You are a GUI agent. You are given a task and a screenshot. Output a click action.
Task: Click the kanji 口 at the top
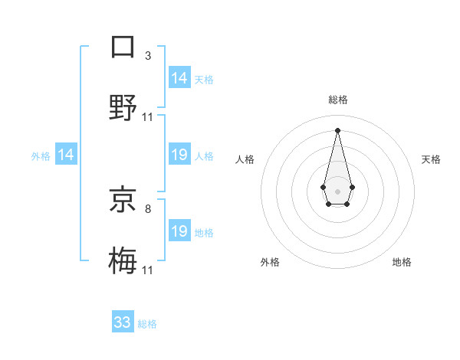[x=123, y=46]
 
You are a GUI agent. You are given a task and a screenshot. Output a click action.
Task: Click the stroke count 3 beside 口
[x=148, y=55]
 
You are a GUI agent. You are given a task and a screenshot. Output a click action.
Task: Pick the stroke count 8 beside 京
[x=148, y=208]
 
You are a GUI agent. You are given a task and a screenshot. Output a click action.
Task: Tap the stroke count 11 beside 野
[x=148, y=117]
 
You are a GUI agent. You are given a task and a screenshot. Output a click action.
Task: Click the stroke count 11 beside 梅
[x=148, y=270]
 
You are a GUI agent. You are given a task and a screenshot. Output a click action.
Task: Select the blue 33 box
[x=123, y=322]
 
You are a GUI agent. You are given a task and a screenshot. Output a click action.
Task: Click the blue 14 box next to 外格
[x=66, y=155]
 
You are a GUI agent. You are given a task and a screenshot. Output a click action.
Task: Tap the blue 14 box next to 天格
[x=179, y=78]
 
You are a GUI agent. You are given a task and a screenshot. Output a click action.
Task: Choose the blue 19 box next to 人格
[x=179, y=155]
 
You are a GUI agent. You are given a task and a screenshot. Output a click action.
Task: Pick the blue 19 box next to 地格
[x=179, y=231]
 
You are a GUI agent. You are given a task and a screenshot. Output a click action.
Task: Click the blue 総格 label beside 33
[x=147, y=324]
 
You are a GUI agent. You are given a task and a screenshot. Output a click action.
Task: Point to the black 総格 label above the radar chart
[x=337, y=100]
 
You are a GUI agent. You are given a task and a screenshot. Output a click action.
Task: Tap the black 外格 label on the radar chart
[x=270, y=262]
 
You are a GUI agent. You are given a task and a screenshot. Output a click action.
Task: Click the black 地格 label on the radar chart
[x=402, y=262]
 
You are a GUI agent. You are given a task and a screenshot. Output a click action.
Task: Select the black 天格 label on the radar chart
[x=431, y=159]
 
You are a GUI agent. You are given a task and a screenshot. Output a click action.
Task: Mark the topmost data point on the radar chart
[x=337, y=129]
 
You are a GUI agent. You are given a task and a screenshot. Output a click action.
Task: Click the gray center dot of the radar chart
[x=337, y=190]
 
